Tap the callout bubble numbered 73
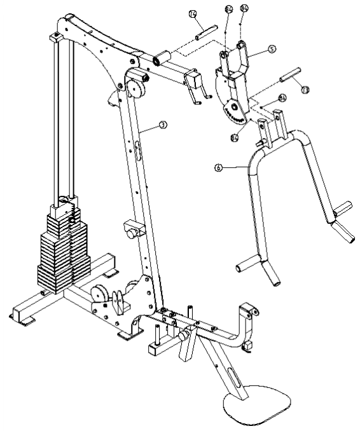[305, 91]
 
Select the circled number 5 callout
[272, 48]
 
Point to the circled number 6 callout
[218, 168]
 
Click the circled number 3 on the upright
[163, 125]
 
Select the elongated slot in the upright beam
[137, 153]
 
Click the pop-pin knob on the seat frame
[184, 333]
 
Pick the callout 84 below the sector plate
[235, 137]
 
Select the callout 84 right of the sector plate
[282, 98]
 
